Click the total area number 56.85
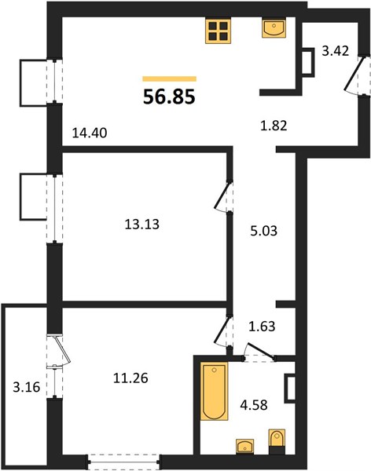click(169, 97)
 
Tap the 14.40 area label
click(90, 133)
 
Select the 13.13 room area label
click(142, 224)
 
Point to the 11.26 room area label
click(130, 378)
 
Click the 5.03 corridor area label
click(264, 231)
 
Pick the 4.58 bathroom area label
click(254, 405)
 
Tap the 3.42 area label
click(336, 51)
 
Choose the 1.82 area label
click(274, 126)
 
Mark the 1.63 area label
click(262, 326)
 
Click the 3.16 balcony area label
click(27, 387)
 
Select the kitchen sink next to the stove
click(274, 27)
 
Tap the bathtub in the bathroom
click(215, 392)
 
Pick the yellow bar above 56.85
click(170, 79)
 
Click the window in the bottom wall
click(123, 463)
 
